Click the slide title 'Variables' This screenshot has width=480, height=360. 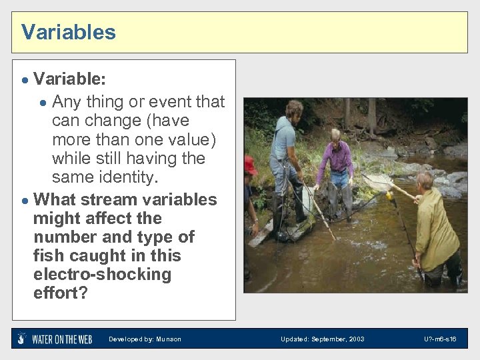[68, 32]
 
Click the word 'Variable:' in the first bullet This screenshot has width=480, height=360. [69, 79]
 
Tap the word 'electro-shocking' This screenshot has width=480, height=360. [102, 274]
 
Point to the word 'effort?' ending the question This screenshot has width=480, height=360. [60, 293]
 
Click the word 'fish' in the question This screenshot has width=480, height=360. [50, 255]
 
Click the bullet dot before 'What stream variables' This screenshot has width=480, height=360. [24, 200]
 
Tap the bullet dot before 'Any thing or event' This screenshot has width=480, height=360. [43, 102]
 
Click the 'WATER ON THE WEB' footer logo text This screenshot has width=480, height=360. [62, 339]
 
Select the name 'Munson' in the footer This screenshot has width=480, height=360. [168, 339]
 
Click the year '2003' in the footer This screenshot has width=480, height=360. [355, 339]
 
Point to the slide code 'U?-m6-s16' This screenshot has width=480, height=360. [440, 339]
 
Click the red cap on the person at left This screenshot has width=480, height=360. [250, 164]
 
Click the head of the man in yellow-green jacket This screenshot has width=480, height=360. [424, 181]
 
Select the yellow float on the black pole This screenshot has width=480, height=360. [390, 195]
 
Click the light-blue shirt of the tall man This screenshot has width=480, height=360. [283, 140]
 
